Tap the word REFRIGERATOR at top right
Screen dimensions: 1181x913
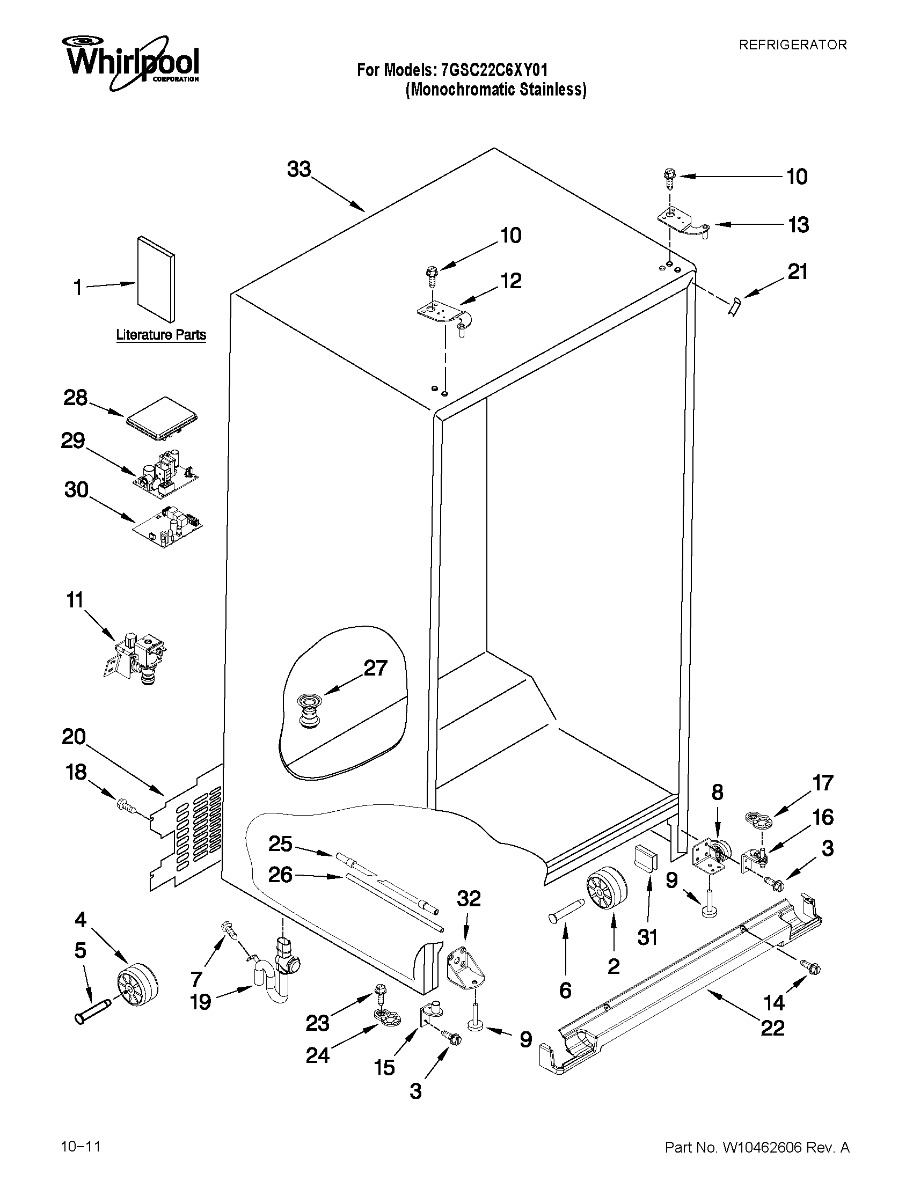point(792,45)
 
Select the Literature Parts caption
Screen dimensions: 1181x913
point(160,335)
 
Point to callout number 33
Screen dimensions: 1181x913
point(299,169)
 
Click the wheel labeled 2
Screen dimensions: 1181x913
point(606,891)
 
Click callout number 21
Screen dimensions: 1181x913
point(797,272)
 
